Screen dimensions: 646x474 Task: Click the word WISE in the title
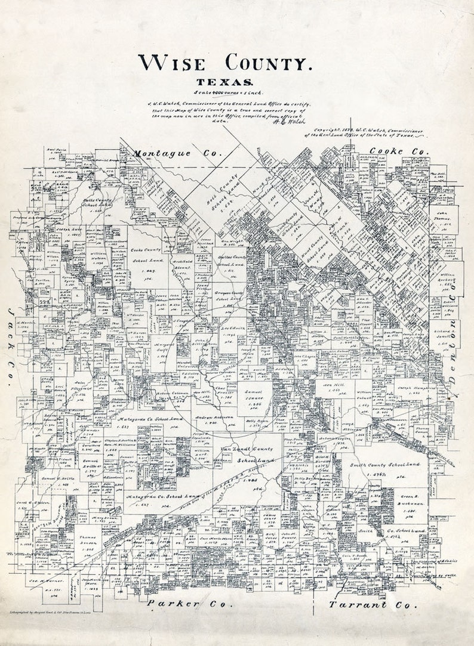(x=176, y=62)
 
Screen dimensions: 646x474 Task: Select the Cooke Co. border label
(x=399, y=152)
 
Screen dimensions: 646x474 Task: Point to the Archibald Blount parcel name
(x=177, y=262)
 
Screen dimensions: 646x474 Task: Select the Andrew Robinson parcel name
(x=213, y=418)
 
